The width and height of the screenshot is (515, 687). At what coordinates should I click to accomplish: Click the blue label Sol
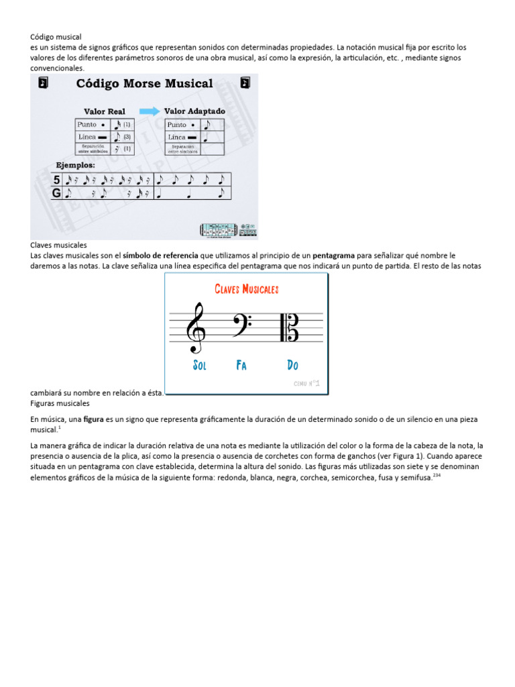[x=199, y=366]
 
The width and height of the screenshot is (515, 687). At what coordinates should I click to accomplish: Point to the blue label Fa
[x=241, y=366]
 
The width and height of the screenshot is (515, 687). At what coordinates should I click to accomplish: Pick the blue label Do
[x=292, y=366]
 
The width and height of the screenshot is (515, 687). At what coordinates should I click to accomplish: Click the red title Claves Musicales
[x=246, y=289]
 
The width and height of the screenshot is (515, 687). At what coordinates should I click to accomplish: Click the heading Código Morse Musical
[x=144, y=84]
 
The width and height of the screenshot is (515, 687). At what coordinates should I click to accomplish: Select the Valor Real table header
[x=104, y=111]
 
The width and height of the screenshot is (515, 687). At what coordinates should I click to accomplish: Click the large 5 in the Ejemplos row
[x=56, y=180]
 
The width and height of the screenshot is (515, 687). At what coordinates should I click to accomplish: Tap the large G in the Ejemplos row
[x=56, y=193]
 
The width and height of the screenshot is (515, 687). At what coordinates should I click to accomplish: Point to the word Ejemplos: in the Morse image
[x=75, y=164]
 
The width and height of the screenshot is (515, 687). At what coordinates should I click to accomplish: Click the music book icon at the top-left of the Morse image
[x=43, y=83]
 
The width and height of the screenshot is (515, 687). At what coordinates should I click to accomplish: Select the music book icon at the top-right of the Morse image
[x=245, y=83]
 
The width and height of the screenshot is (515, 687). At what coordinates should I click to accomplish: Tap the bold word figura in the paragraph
[x=93, y=419]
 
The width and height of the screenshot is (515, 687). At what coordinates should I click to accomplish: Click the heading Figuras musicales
[x=60, y=404]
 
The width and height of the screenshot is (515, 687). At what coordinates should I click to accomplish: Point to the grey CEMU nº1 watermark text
[x=306, y=384]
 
